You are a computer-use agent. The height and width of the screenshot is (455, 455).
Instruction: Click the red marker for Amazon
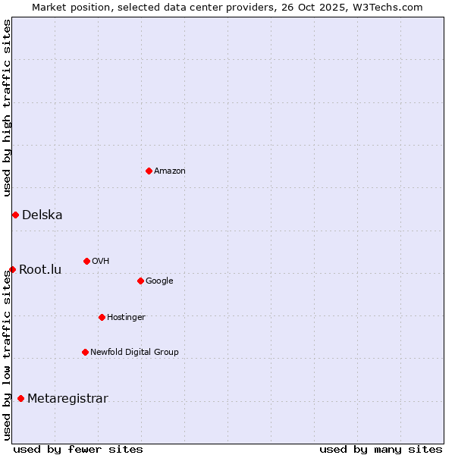tap(149, 171)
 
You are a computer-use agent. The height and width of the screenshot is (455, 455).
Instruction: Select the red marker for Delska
tap(15, 215)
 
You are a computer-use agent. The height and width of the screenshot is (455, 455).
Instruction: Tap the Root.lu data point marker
tap(12, 269)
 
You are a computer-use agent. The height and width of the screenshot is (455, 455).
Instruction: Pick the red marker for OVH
tap(86, 261)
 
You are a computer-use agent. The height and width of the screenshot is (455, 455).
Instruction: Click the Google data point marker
tap(140, 281)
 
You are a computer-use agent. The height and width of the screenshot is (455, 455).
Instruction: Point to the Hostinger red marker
tap(102, 317)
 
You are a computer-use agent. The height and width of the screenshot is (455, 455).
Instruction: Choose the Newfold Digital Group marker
tap(85, 352)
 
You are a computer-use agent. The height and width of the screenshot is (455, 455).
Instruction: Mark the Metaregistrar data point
tap(20, 399)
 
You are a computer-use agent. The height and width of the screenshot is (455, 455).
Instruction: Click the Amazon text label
tap(170, 171)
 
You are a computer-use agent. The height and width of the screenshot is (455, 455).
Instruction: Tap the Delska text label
tap(42, 215)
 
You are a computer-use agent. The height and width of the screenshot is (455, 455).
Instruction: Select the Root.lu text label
tap(40, 270)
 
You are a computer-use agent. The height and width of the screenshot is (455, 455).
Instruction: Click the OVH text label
tap(101, 262)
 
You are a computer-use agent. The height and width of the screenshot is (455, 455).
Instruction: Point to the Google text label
tap(159, 281)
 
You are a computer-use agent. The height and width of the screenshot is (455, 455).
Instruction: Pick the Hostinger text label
tap(126, 318)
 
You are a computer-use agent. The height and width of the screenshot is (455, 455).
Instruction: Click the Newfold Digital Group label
tap(134, 353)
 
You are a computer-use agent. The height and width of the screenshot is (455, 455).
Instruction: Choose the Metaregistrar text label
tap(67, 400)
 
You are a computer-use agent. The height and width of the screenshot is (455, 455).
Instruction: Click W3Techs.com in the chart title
tap(391, 7)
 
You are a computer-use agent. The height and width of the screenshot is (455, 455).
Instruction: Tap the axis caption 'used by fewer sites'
tap(78, 449)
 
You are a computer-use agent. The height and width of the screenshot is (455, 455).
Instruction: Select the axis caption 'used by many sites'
tap(381, 449)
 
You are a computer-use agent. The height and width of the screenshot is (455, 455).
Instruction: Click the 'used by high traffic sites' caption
tap(7, 108)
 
